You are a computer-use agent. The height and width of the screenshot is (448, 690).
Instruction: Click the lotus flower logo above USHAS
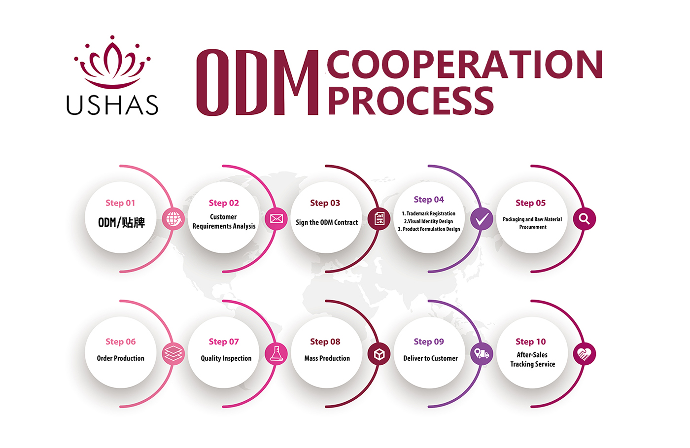[x=112, y=62]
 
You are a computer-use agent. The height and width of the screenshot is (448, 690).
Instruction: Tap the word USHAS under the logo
[x=112, y=105]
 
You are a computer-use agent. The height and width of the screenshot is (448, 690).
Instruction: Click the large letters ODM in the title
[x=257, y=83]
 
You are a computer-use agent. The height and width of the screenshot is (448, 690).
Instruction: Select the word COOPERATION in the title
[x=464, y=65]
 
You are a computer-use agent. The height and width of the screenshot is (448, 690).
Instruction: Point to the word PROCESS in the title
[x=410, y=101]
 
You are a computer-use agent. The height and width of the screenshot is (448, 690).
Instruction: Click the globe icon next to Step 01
[x=173, y=218]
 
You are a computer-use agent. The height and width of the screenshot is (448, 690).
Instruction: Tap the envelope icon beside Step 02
[x=276, y=218]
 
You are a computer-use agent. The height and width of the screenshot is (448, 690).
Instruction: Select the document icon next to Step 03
[x=379, y=218]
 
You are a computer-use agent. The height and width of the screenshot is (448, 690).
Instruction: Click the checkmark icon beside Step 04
[x=482, y=218]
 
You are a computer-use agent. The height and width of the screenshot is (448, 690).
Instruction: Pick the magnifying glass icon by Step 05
[x=584, y=218]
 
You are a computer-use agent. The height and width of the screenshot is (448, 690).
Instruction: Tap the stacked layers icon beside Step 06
[x=173, y=353]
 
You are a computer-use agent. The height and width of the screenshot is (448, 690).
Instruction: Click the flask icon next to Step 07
[x=276, y=353]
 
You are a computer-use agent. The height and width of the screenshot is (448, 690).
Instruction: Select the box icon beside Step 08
[x=379, y=354]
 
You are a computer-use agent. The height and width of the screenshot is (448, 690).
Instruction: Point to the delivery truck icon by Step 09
[x=482, y=354]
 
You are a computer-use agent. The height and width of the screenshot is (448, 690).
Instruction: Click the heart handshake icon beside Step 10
[x=584, y=354]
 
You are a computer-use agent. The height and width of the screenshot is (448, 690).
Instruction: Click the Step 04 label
[x=429, y=200]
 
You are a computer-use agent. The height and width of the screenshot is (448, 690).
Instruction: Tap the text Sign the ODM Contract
[x=327, y=222]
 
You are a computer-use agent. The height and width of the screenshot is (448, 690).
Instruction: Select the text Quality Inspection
[x=226, y=358]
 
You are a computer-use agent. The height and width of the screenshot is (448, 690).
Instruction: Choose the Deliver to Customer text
[x=430, y=358]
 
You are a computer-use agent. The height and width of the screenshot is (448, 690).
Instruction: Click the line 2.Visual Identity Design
[x=428, y=221]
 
